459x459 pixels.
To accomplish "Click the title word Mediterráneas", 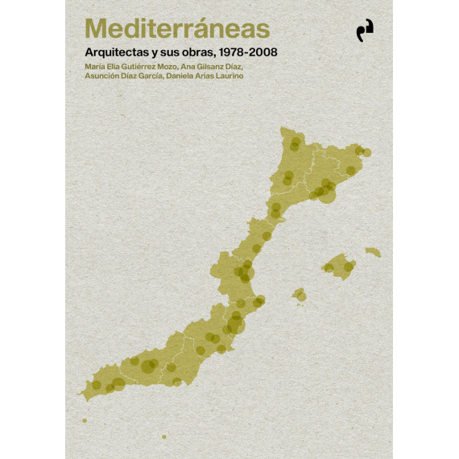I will (x=177, y=29).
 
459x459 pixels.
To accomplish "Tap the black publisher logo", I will (x=366, y=31).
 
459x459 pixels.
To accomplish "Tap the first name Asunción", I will (x=103, y=76).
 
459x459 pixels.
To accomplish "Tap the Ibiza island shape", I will (x=299, y=295).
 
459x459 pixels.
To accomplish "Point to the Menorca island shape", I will (x=372, y=252).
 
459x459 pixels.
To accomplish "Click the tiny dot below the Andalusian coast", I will (x=164, y=436).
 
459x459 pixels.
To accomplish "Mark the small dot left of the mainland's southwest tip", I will (x=84, y=420).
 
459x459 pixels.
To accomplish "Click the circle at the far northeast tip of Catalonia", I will (x=366, y=152).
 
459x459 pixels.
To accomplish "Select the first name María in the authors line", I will (x=94, y=65).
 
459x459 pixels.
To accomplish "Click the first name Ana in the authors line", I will (x=190, y=65).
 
